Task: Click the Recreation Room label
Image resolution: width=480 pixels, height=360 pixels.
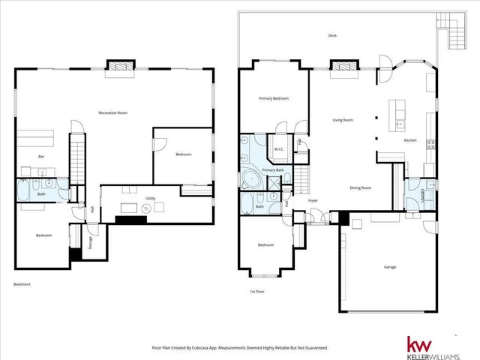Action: (x=113, y=112)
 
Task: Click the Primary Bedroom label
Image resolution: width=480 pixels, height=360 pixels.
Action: (x=274, y=98)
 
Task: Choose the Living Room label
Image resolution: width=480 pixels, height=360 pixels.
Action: (x=343, y=120)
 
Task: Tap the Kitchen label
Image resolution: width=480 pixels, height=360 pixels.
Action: (x=410, y=140)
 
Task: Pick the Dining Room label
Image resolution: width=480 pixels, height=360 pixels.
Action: (x=361, y=188)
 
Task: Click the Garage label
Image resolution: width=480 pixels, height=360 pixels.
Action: (x=390, y=266)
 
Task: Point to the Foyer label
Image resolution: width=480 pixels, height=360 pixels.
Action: (x=313, y=200)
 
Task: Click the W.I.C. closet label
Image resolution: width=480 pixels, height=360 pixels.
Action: (x=279, y=148)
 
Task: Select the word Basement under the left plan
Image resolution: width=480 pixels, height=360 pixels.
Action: (x=22, y=284)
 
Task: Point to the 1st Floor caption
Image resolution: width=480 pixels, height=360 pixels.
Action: (x=258, y=291)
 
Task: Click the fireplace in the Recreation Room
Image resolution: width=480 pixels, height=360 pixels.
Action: (x=120, y=67)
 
